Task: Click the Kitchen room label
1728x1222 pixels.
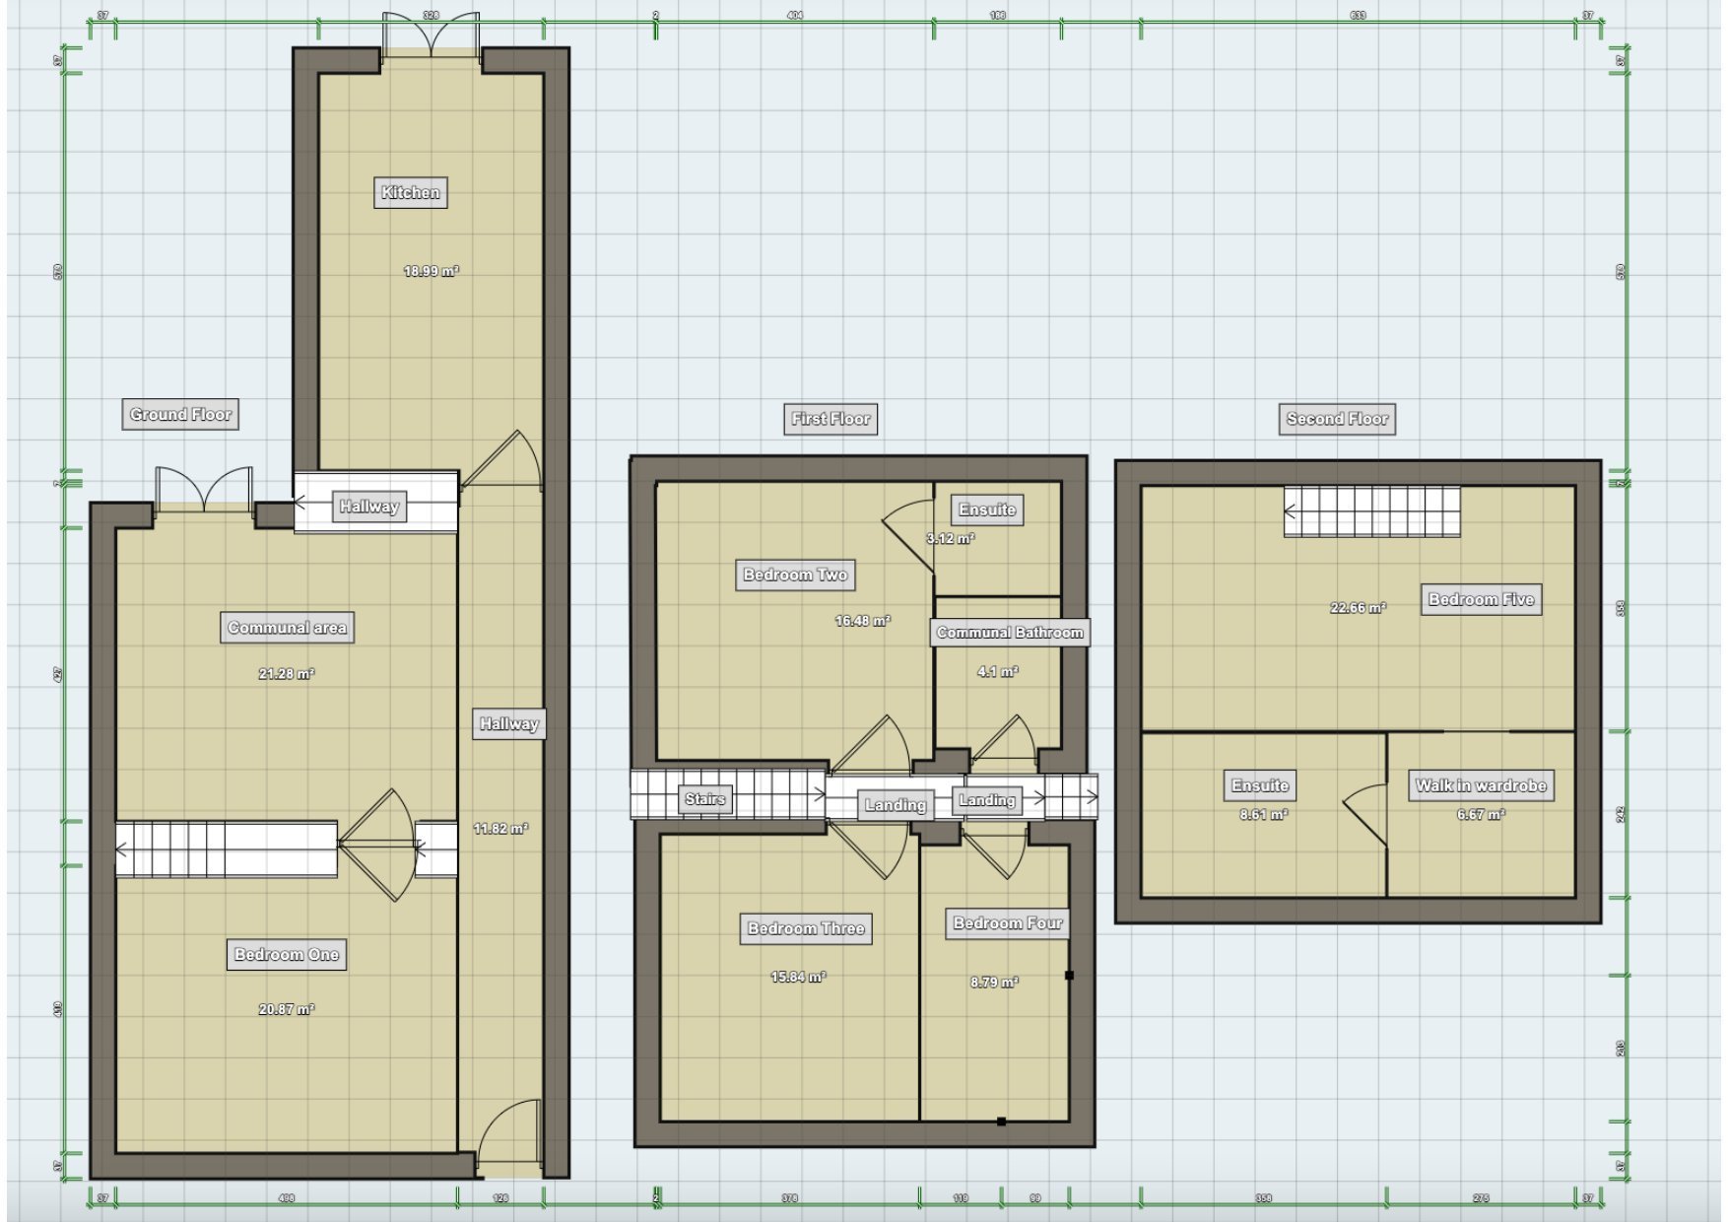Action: pyautogui.click(x=410, y=192)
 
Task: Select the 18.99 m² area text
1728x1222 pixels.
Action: pyautogui.click(x=431, y=271)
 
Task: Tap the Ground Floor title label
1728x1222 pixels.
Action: pyautogui.click(x=180, y=414)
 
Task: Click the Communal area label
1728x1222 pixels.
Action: pyautogui.click(x=287, y=628)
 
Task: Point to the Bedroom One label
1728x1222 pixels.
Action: pyautogui.click(x=286, y=954)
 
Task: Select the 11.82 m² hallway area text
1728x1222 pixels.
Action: pyautogui.click(x=500, y=829)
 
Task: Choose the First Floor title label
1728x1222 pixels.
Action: pyautogui.click(x=831, y=419)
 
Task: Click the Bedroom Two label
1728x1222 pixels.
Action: pyautogui.click(x=795, y=575)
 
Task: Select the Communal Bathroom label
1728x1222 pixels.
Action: pyautogui.click(x=1009, y=633)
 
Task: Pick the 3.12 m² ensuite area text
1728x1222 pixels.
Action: pyautogui.click(x=950, y=539)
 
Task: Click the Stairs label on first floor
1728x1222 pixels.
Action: pyautogui.click(x=704, y=798)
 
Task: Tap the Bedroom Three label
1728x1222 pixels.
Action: pyautogui.click(x=805, y=928)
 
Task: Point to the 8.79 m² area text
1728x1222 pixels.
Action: pyautogui.click(x=993, y=983)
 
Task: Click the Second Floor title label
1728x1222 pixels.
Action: pyautogui.click(x=1337, y=419)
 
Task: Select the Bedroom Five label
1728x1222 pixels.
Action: pyautogui.click(x=1481, y=599)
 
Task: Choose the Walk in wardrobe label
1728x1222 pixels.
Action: pyautogui.click(x=1480, y=785)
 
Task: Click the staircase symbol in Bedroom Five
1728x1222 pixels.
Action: pyautogui.click(x=1371, y=511)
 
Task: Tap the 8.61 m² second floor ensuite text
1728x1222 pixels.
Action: pyautogui.click(x=1263, y=815)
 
